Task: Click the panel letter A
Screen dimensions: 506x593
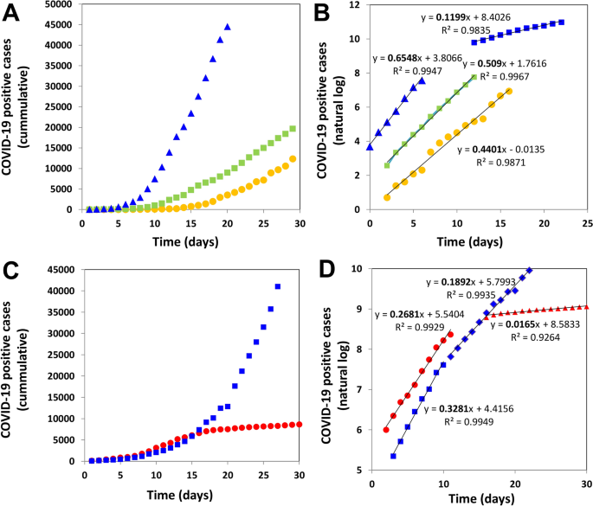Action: click(x=12, y=11)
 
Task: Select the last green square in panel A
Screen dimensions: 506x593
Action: click(x=293, y=129)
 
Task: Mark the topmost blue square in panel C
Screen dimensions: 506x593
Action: click(x=278, y=286)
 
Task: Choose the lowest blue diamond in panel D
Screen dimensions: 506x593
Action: click(x=394, y=456)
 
